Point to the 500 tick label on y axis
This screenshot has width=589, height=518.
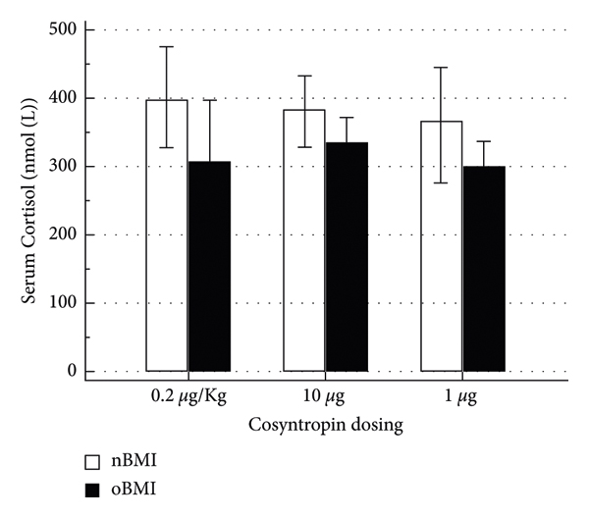[x=64, y=29]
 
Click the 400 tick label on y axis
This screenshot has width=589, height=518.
[x=64, y=98]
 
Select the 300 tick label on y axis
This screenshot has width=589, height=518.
[x=64, y=167]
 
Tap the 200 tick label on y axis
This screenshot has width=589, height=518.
[x=64, y=235]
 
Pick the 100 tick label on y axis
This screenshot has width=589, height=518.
[x=64, y=303]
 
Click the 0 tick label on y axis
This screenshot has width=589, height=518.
[x=71, y=371]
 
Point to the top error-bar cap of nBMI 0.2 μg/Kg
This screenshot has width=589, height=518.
[x=167, y=46]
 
